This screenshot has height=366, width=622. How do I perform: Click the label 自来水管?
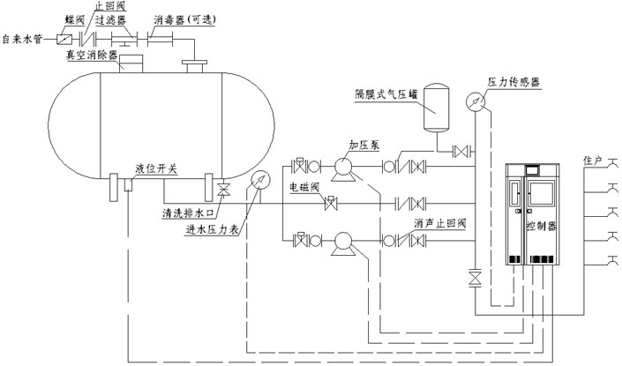coord(25,39)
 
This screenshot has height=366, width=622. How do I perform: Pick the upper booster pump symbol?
coord(343,165)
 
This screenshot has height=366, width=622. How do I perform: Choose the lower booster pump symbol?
coord(343,241)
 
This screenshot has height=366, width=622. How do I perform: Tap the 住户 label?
coord(592,161)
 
